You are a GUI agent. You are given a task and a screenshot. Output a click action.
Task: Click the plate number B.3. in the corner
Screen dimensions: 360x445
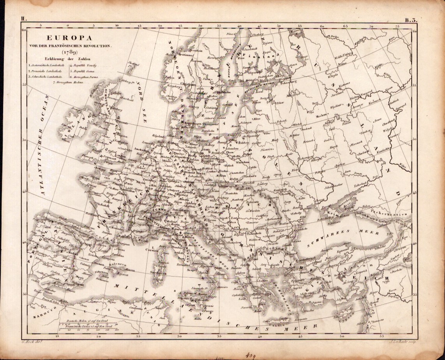(412, 20)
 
